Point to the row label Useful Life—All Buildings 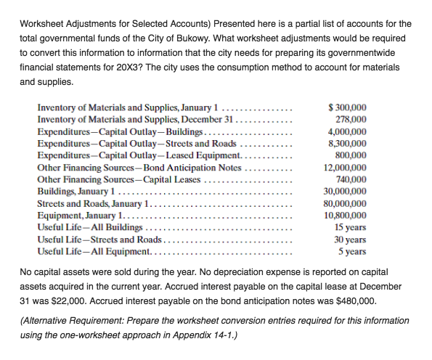tap(89, 228)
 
